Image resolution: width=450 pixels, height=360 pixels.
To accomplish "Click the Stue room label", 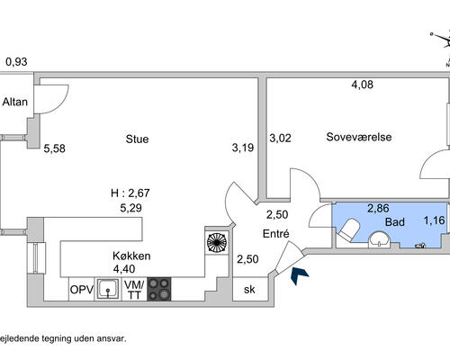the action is pyautogui.click(x=137, y=139).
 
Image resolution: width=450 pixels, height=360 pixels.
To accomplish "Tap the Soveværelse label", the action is pyautogui.click(x=359, y=137).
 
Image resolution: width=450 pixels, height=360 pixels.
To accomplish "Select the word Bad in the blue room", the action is pyautogui.click(x=395, y=222).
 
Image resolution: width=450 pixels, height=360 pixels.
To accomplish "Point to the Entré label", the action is pyautogui.click(x=275, y=234).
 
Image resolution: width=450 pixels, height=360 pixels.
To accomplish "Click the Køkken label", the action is pyautogui.click(x=131, y=256).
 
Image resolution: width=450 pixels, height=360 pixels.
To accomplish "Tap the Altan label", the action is pyautogui.click(x=15, y=102).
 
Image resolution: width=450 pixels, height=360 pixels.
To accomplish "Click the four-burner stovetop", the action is pyautogui.click(x=159, y=289).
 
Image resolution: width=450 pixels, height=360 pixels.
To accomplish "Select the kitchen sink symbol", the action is pyautogui.click(x=108, y=289).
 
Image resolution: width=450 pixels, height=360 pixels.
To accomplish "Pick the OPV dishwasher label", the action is pyautogui.click(x=82, y=290).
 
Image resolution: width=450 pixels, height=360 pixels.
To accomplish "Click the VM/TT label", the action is pyautogui.click(x=134, y=290).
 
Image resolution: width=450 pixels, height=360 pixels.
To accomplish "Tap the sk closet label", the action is pyautogui.click(x=249, y=290).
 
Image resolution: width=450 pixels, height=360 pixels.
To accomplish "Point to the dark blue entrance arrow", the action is pyautogui.click(x=300, y=275).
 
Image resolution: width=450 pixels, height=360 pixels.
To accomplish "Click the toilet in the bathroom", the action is pyautogui.click(x=348, y=229).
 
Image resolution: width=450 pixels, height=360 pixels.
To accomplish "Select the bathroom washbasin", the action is pyautogui.click(x=380, y=239).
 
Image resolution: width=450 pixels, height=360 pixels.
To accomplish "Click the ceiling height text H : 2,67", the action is pyautogui.click(x=130, y=193).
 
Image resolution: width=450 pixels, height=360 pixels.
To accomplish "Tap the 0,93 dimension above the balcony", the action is pyautogui.click(x=16, y=62).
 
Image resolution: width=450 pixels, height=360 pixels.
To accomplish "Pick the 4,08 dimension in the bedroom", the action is pyautogui.click(x=363, y=85).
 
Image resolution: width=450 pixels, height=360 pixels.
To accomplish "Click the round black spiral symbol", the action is pyautogui.click(x=217, y=243).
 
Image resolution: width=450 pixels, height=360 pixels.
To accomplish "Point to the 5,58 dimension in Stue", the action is pyautogui.click(x=54, y=148).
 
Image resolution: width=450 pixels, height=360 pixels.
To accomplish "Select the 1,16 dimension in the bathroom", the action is pyautogui.click(x=434, y=220).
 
